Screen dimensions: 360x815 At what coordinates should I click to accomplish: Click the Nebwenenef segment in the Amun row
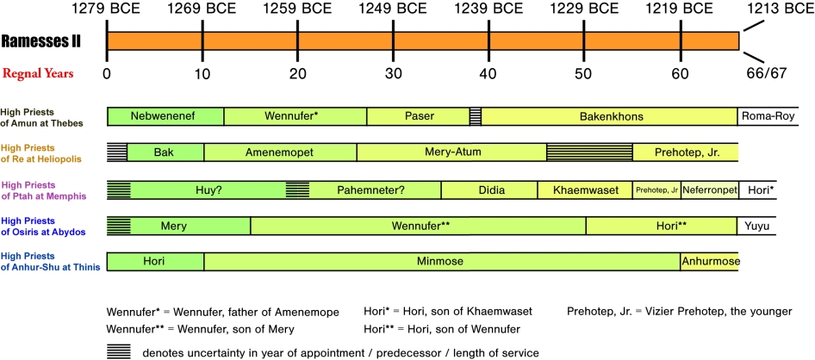tap(165, 115)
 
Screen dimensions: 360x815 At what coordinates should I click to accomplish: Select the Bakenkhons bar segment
tap(610, 115)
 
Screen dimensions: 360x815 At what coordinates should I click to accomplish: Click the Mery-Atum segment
tap(451, 152)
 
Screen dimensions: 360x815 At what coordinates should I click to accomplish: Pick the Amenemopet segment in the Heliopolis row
tap(280, 152)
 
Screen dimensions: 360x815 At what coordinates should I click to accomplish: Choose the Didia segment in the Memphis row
tap(488, 189)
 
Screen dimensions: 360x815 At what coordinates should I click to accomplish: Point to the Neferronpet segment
tap(709, 189)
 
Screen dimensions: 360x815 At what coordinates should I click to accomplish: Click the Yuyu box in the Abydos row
tap(758, 227)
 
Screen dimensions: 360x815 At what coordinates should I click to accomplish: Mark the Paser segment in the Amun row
tap(418, 115)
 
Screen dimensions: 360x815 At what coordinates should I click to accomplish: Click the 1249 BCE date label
tap(391, 11)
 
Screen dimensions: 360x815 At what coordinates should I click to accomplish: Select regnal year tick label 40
tap(487, 73)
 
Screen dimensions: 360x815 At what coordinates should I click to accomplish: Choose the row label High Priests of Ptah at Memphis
tap(41, 189)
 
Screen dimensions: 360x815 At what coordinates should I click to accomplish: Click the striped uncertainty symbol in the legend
tap(119, 351)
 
